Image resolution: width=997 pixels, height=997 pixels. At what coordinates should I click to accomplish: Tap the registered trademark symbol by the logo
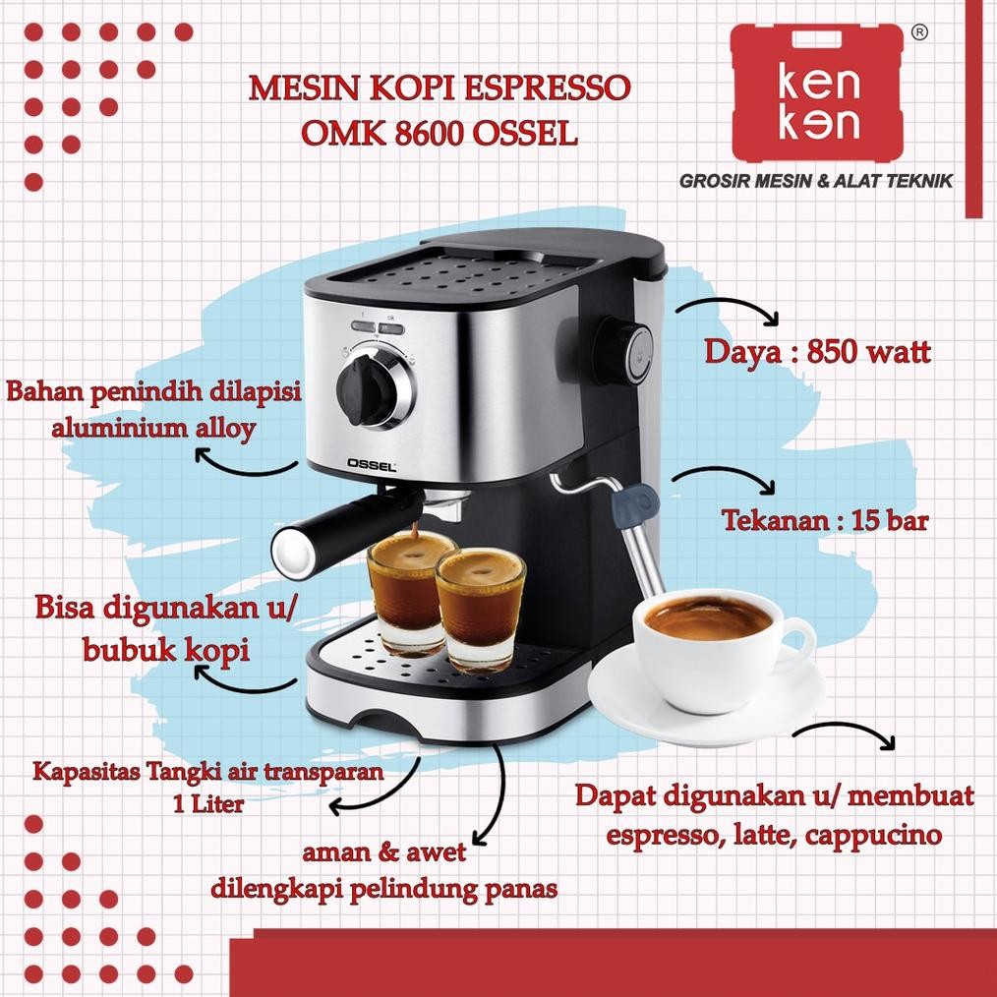pos(919,32)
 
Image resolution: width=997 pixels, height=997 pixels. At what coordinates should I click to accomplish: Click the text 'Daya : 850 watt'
pos(816,353)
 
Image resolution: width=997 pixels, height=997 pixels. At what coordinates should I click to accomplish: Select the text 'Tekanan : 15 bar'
pos(825,520)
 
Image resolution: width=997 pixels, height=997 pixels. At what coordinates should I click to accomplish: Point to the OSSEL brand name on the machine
pos(370,468)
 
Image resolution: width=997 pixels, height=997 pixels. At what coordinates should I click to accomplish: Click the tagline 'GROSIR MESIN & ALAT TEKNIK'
pos(816,181)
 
